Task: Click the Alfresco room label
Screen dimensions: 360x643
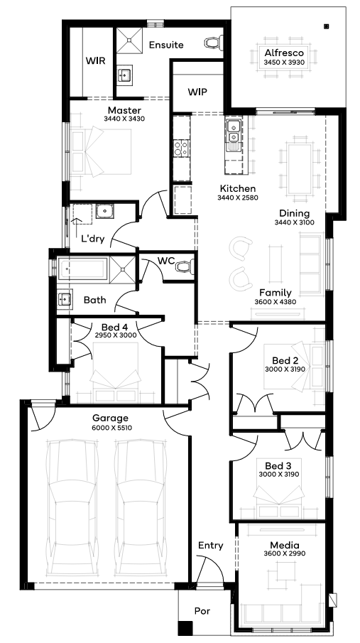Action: pyautogui.click(x=284, y=53)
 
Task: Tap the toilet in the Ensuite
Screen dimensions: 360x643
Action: pyautogui.click(x=214, y=42)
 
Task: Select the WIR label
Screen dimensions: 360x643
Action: pyautogui.click(x=96, y=60)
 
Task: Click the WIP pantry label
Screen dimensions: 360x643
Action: pyautogui.click(x=197, y=92)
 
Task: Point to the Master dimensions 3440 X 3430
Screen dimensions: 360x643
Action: pyautogui.click(x=125, y=119)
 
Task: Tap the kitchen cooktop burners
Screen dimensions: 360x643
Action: pyautogui.click(x=181, y=148)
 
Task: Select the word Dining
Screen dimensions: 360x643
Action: pyautogui.click(x=295, y=214)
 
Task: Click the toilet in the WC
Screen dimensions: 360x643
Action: pyautogui.click(x=185, y=267)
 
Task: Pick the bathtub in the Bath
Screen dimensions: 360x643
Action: pyautogui.click(x=83, y=269)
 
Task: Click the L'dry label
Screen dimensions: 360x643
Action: pyautogui.click(x=92, y=238)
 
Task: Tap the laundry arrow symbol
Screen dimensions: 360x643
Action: pyautogui.click(x=75, y=227)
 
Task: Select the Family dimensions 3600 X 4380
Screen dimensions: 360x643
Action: pyautogui.click(x=275, y=302)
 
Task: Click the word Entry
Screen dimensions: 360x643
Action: pyautogui.click(x=211, y=546)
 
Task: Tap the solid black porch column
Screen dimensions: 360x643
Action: pyautogui.click(x=185, y=628)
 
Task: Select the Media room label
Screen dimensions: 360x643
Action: pyautogui.click(x=285, y=546)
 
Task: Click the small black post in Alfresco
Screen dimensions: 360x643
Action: pyautogui.click(x=327, y=27)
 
